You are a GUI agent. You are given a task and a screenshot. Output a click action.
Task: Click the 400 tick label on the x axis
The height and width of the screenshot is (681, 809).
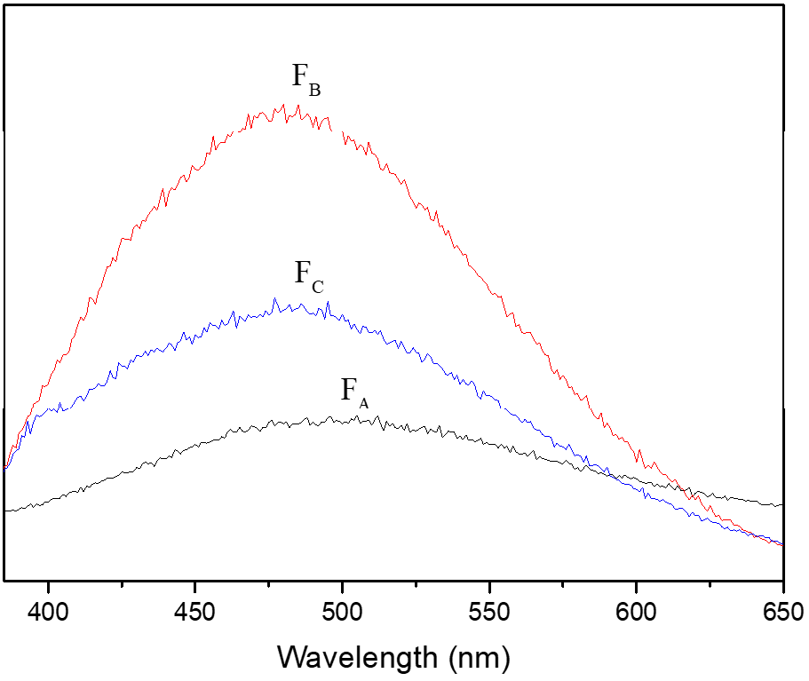point(48,613)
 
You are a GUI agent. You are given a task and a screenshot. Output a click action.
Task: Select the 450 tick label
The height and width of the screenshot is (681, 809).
point(194,613)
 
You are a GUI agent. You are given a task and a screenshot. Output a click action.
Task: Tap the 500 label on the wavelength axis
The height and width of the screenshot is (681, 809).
point(342,613)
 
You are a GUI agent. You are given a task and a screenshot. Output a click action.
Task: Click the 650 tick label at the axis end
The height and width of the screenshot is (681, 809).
point(781,613)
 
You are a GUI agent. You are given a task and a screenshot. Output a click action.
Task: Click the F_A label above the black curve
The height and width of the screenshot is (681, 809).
point(354,392)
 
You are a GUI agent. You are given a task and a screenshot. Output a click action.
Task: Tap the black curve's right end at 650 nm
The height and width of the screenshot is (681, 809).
point(781,504)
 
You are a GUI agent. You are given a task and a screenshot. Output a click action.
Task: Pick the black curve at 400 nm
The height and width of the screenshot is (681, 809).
point(48,504)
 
